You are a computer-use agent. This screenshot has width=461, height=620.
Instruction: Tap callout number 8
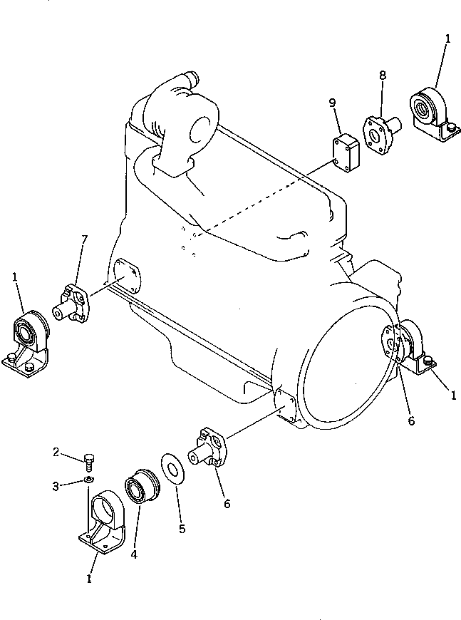coord(382,75)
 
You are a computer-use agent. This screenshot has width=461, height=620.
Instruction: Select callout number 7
coord(84,239)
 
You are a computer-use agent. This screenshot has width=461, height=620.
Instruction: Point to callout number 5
coord(180,529)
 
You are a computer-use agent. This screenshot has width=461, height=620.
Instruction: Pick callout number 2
coord(54,452)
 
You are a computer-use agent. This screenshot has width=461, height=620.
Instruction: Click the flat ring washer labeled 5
coord(170,467)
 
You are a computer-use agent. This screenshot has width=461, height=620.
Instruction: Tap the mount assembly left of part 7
coord(28,341)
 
